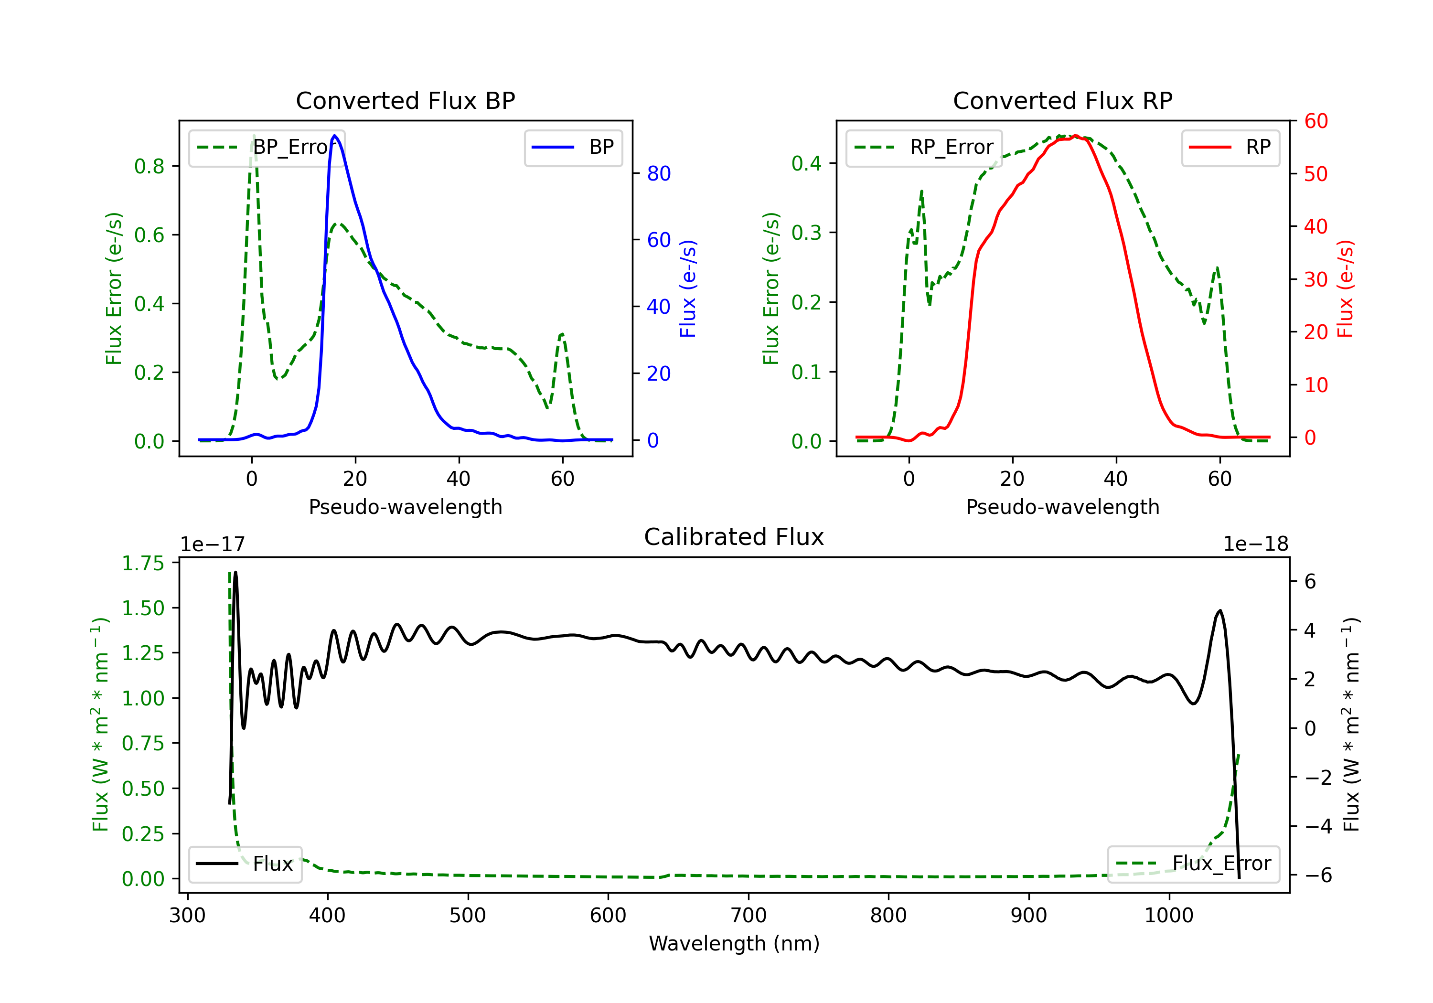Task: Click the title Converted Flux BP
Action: (x=405, y=100)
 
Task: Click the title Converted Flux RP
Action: (x=1062, y=100)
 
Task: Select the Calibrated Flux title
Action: (x=734, y=537)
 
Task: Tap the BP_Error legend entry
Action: (x=267, y=147)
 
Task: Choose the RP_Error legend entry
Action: (x=924, y=147)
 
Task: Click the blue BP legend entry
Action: (x=573, y=147)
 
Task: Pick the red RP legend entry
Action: (x=1230, y=147)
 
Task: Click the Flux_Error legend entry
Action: (x=1193, y=864)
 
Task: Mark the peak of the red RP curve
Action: (x=1075, y=136)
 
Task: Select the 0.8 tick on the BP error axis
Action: (x=149, y=166)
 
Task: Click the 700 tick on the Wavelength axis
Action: (x=749, y=916)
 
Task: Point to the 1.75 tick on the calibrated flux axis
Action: (x=143, y=564)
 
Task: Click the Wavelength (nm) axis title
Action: (x=734, y=943)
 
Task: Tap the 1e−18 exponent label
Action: (x=1256, y=544)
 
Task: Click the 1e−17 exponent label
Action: (x=213, y=544)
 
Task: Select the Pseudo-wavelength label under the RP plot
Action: (x=1062, y=507)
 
